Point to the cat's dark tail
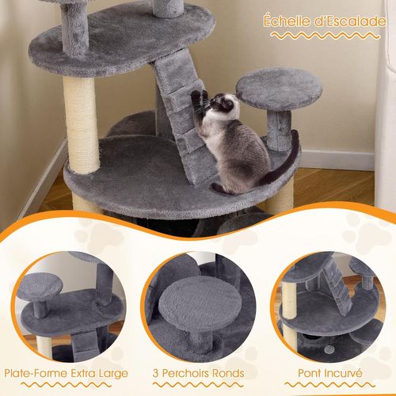pyautogui.click(x=285, y=162)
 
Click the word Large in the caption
pyautogui.click(x=111, y=372)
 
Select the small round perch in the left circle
pyautogui.click(x=40, y=286)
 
